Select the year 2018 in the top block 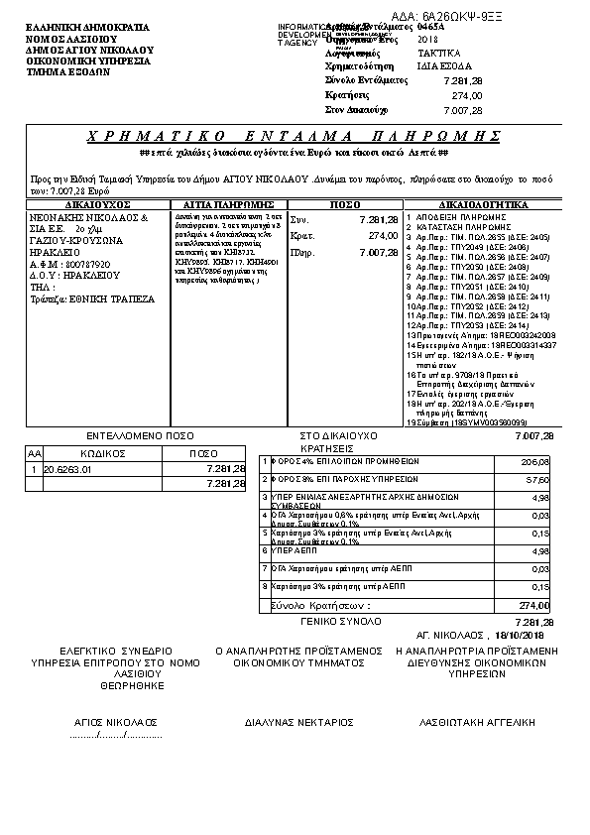pyautogui.click(x=414, y=38)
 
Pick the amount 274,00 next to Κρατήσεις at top pyautogui.click(x=467, y=94)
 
